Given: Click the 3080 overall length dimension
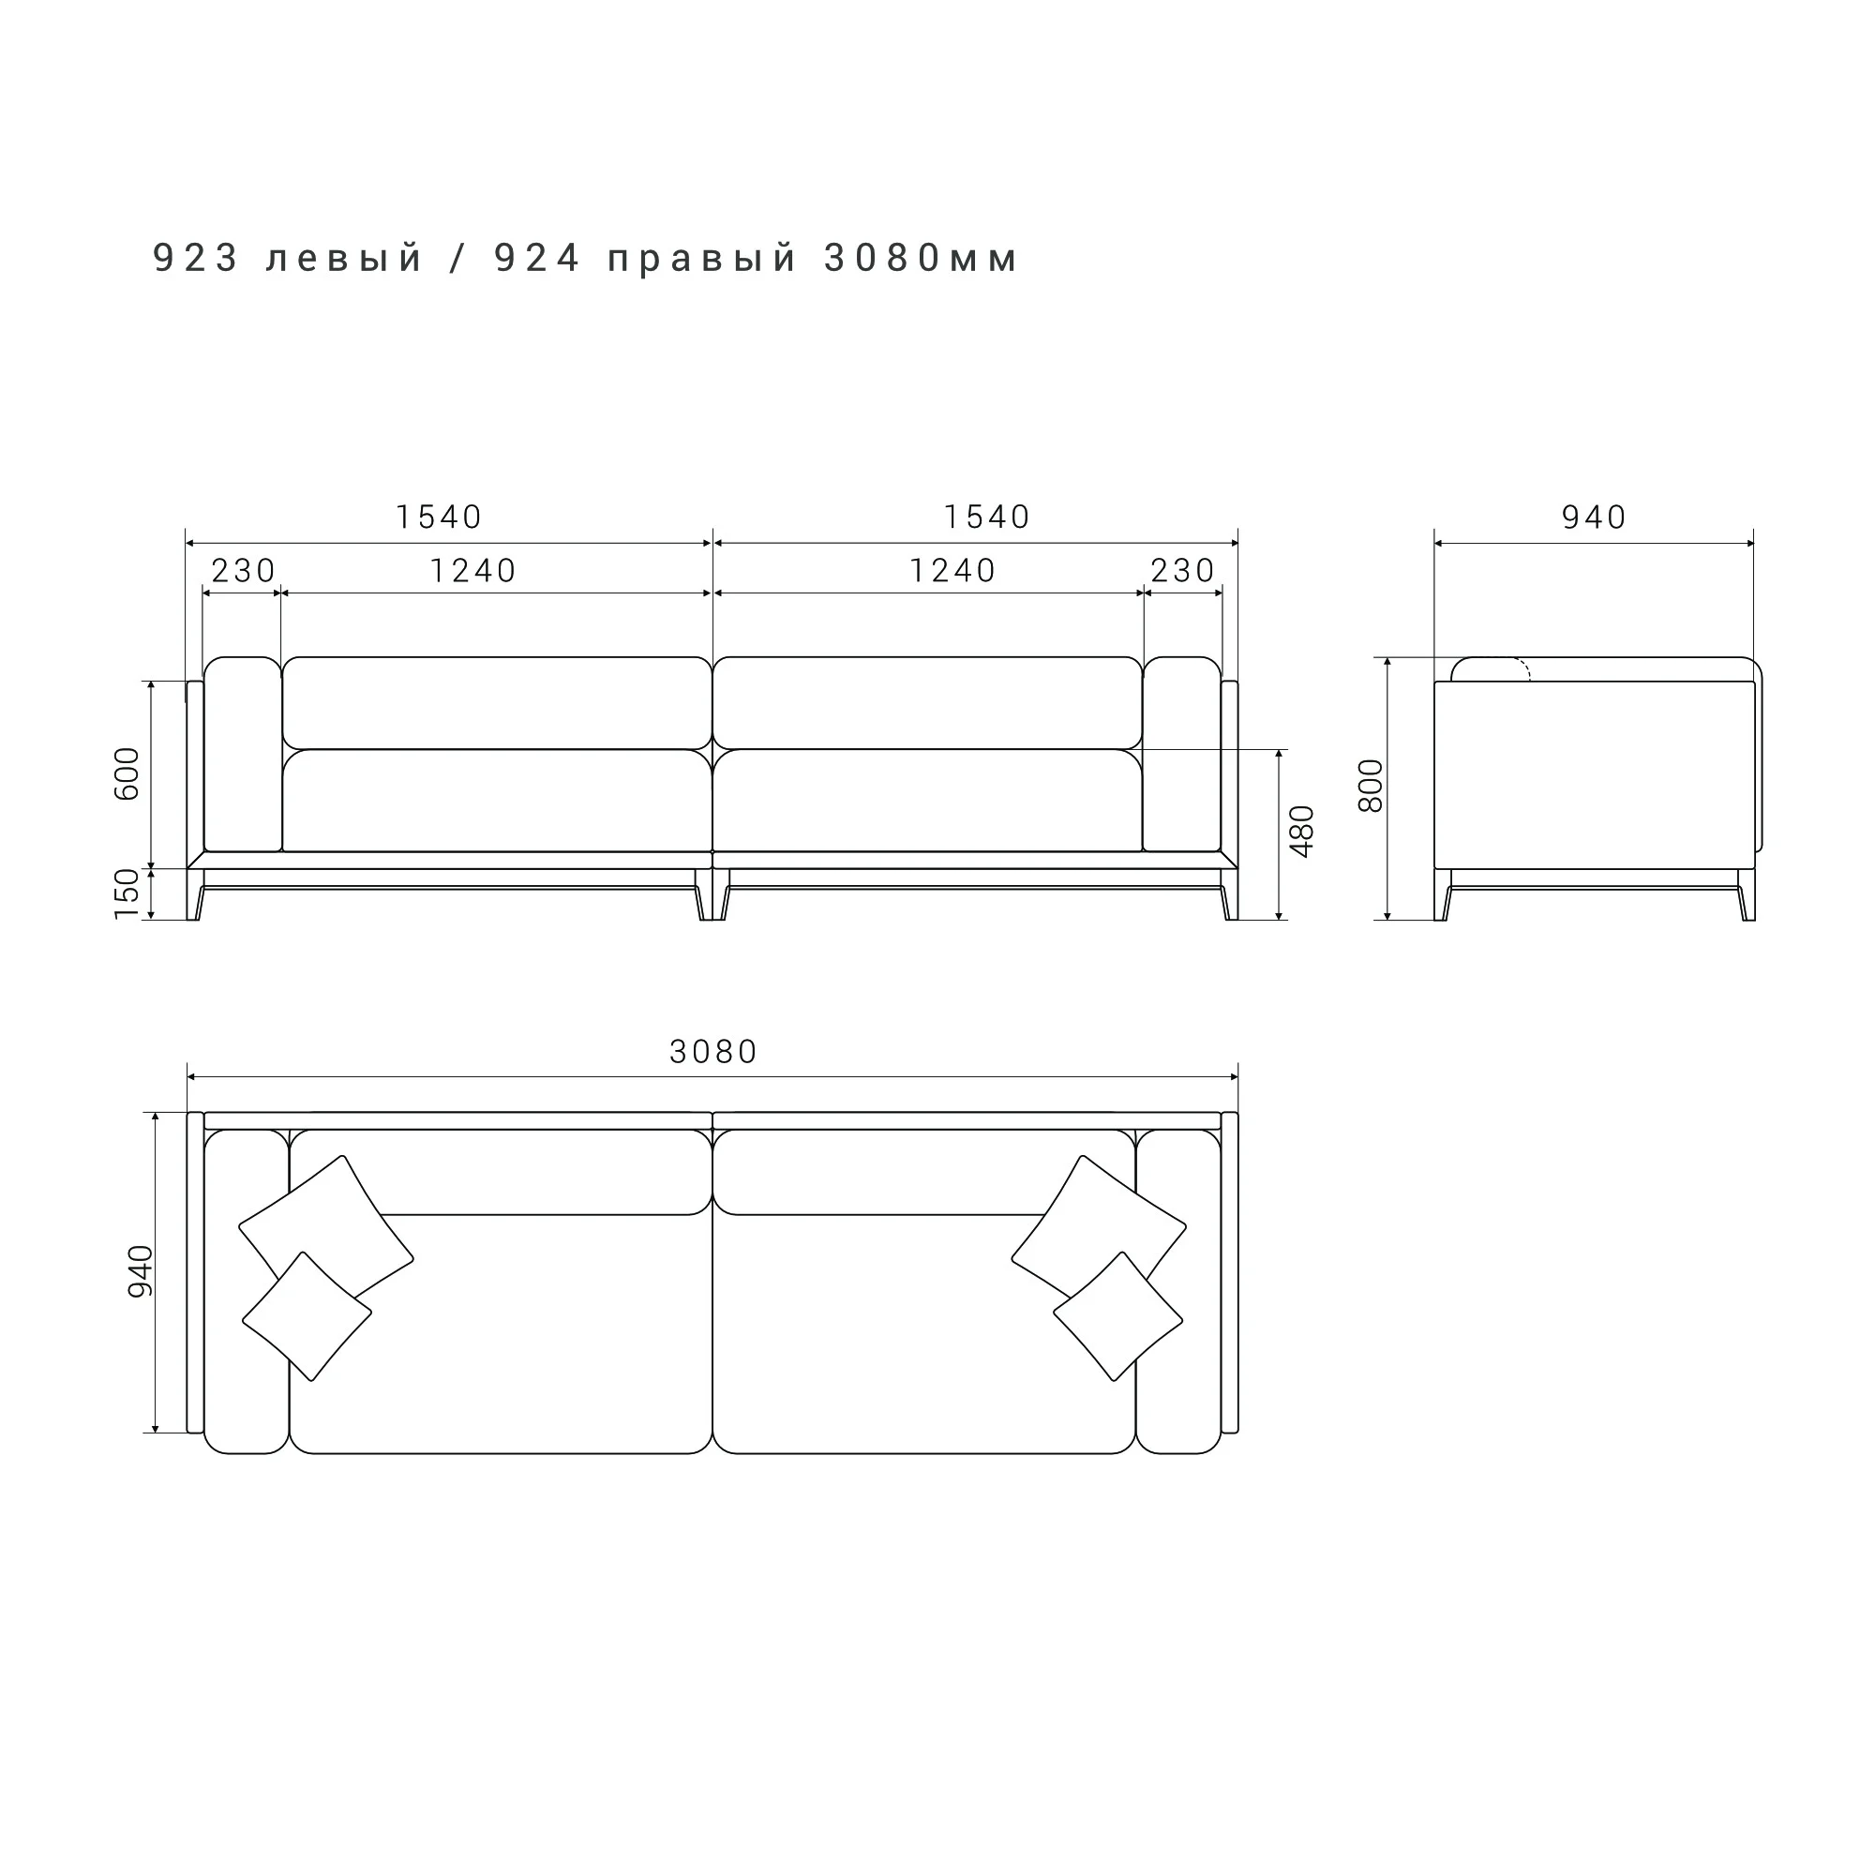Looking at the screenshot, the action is click(713, 1052).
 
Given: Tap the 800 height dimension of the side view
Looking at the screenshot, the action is click(1370, 787).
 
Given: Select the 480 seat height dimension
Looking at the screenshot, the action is click(1301, 832).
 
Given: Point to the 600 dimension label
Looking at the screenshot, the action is click(127, 773).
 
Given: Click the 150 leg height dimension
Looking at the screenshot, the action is click(127, 894).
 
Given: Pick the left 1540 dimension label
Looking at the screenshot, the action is click(439, 517).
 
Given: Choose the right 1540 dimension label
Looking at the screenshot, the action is click(986, 517).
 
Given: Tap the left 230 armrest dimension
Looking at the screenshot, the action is click(243, 571).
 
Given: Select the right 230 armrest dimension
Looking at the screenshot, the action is click(1183, 571).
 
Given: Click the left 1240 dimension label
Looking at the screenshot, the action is click(472, 571).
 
